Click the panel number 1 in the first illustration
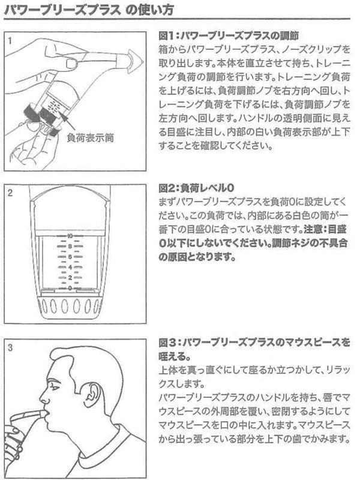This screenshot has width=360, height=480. click(x=10, y=41)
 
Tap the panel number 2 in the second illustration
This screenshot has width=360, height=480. click(x=10, y=193)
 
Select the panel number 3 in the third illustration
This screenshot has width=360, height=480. click(x=10, y=348)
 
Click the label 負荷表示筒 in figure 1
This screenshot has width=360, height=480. click(x=91, y=138)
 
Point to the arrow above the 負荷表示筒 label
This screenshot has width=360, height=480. click(x=69, y=122)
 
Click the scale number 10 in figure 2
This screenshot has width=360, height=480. click(x=70, y=236)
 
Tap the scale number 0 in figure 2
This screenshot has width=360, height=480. click(x=70, y=288)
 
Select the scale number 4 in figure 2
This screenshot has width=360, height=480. click(x=70, y=267)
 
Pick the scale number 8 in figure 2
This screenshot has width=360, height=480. click(x=70, y=246)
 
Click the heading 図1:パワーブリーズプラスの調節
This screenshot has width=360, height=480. click(x=229, y=36)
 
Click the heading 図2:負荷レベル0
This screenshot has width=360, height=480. click(x=196, y=188)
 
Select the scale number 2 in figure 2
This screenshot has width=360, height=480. click(x=70, y=278)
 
